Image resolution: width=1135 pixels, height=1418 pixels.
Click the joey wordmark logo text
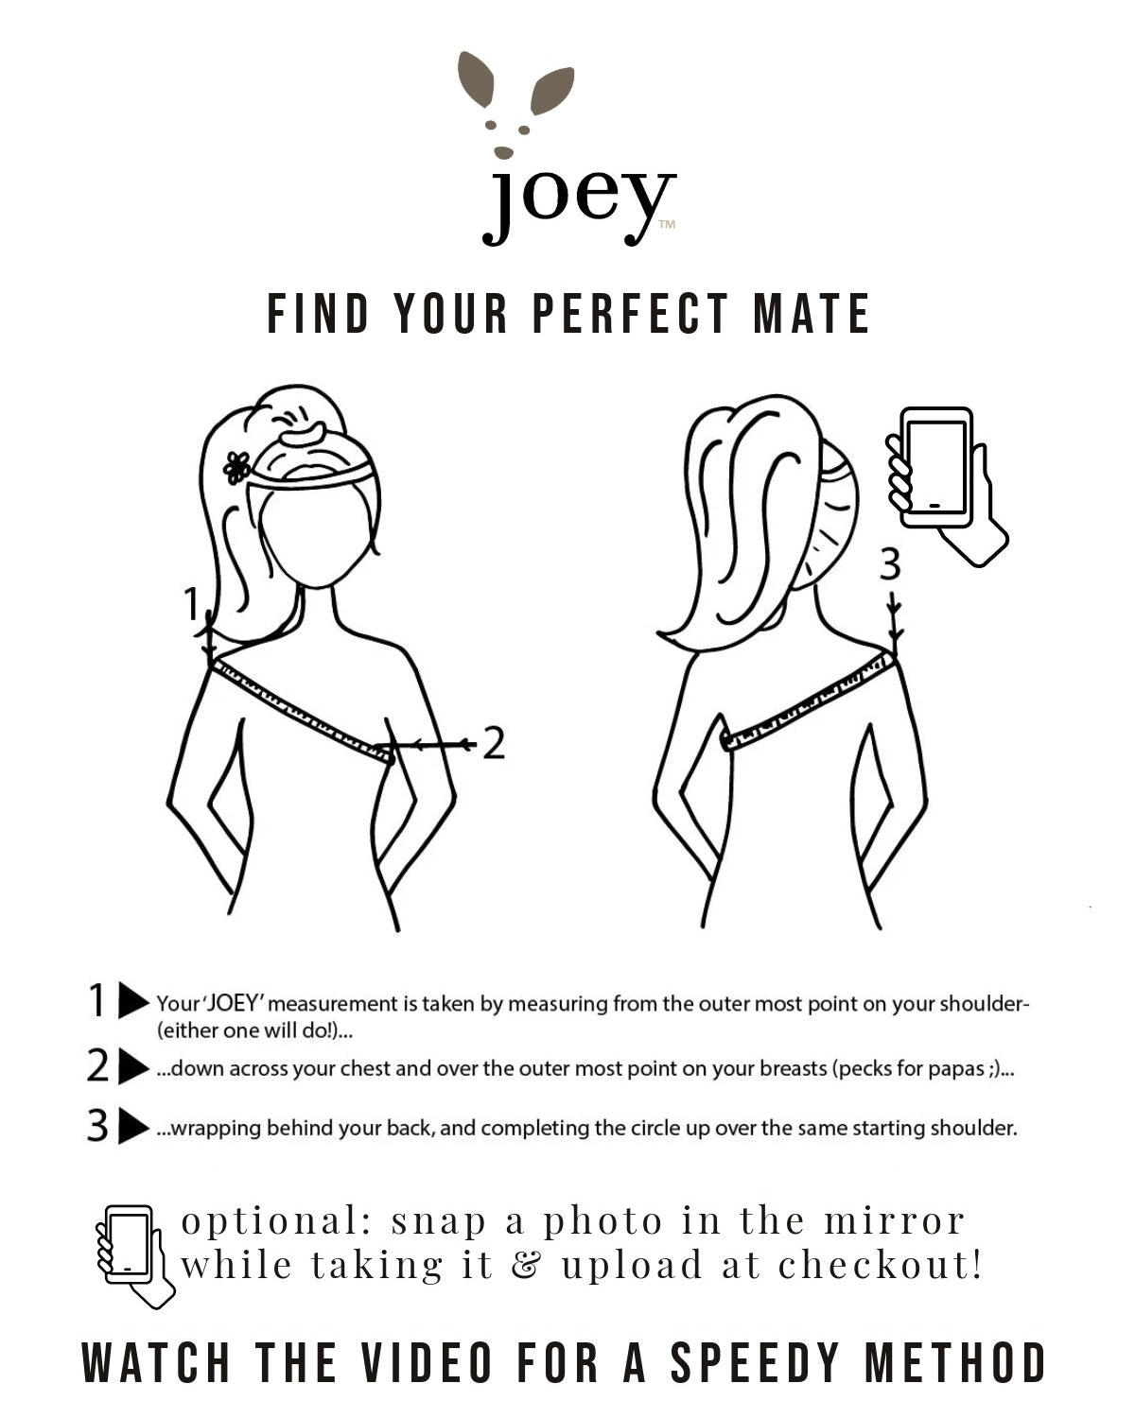point(579,206)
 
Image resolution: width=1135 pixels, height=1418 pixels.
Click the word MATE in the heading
point(812,314)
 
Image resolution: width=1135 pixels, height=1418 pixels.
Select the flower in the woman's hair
point(236,467)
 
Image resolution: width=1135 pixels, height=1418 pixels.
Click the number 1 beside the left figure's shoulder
point(191,603)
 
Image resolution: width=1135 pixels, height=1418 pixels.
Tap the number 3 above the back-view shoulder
point(890,564)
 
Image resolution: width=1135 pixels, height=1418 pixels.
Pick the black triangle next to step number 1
point(133,1000)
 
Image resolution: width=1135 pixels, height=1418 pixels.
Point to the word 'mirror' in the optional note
point(894,1221)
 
